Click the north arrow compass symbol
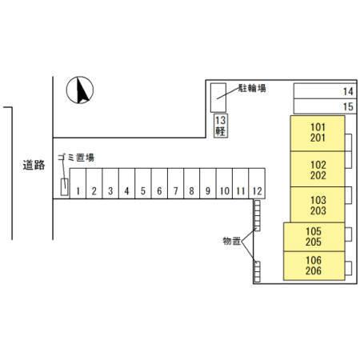[x=80, y=90]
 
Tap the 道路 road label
[x=34, y=165]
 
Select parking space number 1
[x=78, y=183]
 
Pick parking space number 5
[x=143, y=183]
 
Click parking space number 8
[x=191, y=183]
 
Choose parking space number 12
[x=257, y=183]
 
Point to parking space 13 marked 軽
[x=221, y=126]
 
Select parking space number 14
[x=325, y=91]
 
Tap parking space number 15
[x=325, y=106]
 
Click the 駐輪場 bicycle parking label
[x=252, y=88]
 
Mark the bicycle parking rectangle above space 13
[x=218, y=98]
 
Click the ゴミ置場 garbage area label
[x=76, y=158]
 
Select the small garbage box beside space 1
[x=64, y=187]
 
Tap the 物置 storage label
[x=232, y=241]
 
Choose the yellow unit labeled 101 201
[x=318, y=133]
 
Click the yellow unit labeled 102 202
[x=318, y=169]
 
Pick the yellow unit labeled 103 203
[x=318, y=205]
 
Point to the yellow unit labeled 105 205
[x=314, y=237]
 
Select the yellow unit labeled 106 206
[x=314, y=266]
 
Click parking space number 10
[x=224, y=183]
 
